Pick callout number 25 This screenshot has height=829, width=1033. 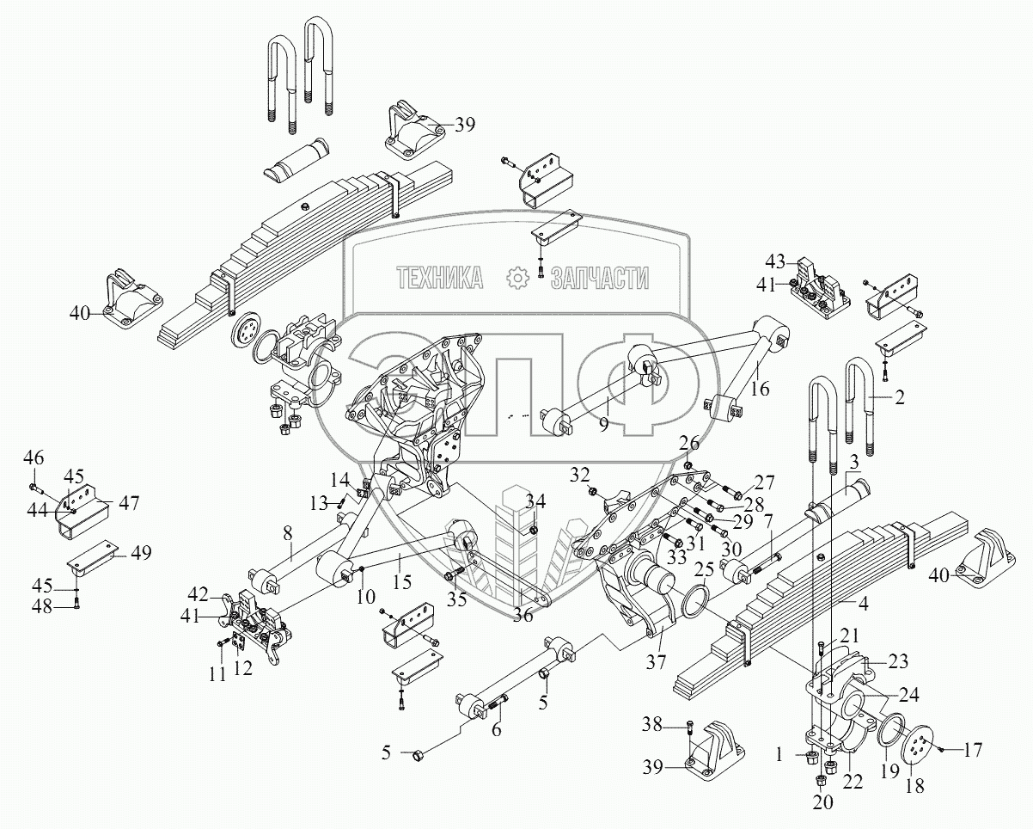(703, 569)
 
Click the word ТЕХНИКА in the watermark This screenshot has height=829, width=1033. (439, 277)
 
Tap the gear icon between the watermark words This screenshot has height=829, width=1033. (517, 277)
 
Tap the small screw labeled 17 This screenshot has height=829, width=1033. (943, 751)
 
